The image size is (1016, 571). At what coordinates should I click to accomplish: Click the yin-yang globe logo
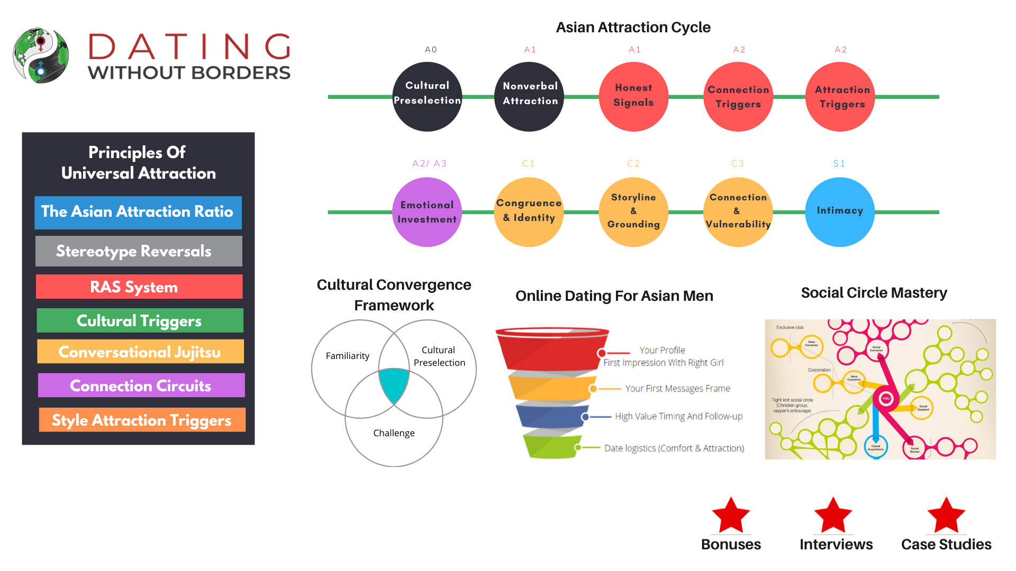(x=41, y=56)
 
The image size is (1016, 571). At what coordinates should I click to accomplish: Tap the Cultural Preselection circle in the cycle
(x=428, y=97)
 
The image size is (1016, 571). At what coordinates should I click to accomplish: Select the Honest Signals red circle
(x=633, y=97)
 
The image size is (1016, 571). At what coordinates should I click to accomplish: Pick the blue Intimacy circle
(x=840, y=211)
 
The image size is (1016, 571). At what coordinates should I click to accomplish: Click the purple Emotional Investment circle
(x=427, y=212)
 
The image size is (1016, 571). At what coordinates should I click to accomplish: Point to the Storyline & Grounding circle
(x=633, y=211)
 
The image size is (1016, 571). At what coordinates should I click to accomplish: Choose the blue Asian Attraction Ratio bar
(x=138, y=213)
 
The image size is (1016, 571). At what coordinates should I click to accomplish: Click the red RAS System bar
(x=139, y=287)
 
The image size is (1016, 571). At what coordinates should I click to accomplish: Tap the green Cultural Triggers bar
(x=140, y=320)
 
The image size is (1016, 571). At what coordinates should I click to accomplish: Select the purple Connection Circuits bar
(x=141, y=385)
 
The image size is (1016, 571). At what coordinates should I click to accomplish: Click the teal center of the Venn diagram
(x=394, y=383)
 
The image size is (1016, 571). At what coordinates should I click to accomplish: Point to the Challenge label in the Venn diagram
(x=394, y=433)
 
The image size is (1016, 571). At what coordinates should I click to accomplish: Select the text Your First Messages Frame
(x=677, y=389)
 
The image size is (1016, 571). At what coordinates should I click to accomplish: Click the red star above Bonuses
(x=731, y=515)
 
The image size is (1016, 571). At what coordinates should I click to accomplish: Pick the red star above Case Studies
(x=946, y=515)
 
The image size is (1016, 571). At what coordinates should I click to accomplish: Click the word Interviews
(x=836, y=545)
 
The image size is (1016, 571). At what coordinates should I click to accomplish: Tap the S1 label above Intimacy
(x=839, y=164)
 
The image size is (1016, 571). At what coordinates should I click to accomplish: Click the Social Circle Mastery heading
(x=874, y=293)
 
